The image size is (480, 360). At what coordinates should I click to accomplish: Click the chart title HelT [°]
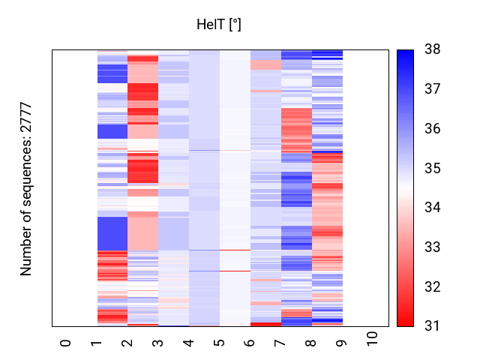219,25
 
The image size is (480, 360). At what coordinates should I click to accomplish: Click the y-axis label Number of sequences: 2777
27,188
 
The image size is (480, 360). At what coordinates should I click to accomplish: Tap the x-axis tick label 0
65,343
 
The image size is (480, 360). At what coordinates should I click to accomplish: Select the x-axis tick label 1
96,343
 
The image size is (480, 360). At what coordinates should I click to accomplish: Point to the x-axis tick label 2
127,343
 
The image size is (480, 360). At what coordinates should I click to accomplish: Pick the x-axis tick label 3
157,343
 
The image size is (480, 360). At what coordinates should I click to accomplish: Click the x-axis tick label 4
188,343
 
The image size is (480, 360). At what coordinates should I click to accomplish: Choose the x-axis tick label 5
219,343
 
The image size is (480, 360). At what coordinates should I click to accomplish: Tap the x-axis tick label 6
250,343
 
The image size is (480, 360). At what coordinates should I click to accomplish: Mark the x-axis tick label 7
280,343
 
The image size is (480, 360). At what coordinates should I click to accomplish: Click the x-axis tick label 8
311,343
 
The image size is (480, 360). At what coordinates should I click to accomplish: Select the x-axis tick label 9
342,343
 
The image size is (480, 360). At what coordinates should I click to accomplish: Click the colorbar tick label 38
433,49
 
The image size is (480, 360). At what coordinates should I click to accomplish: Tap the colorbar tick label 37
433,89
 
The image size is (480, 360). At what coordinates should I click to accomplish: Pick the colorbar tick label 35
433,168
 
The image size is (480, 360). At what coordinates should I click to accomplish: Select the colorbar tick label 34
433,208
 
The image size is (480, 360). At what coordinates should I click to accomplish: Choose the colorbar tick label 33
433,247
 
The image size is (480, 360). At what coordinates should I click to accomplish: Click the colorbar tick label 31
433,326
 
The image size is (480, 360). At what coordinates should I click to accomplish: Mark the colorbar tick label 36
433,128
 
